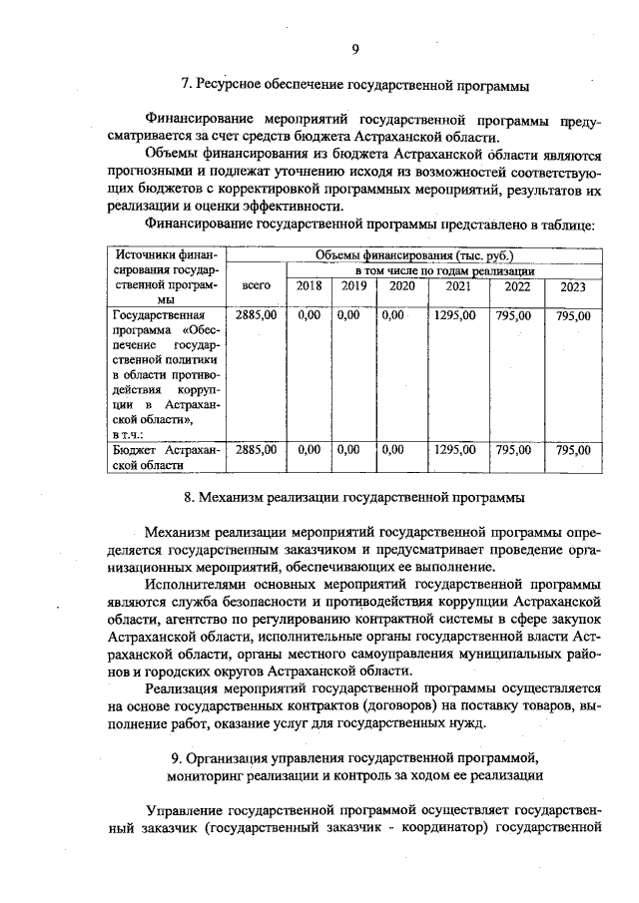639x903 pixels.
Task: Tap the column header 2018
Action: tap(309, 286)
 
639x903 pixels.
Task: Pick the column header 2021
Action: tap(457, 286)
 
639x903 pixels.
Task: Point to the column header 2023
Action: tap(573, 286)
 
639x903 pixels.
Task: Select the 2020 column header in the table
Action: tap(401, 286)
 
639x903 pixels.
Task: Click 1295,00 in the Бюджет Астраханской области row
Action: tap(456, 450)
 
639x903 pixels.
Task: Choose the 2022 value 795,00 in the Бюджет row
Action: tap(515, 450)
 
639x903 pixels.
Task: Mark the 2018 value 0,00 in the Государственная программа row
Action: tap(309, 315)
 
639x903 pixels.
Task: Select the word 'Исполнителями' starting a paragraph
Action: tap(195, 585)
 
